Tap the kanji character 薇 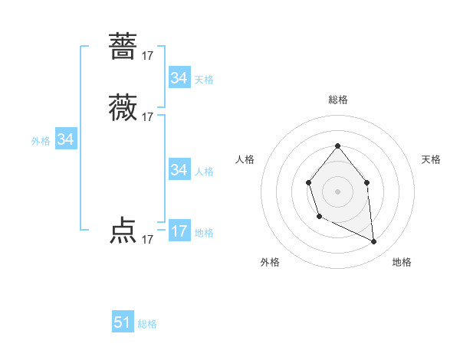click(x=123, y=108)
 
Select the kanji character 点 click(x=123, y=231)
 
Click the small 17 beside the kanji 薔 click(x=147, y=56)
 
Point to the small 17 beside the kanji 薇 click(x=147, y=117)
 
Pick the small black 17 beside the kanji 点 click(x=147, y=240)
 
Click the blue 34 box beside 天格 click(x=179, y=78)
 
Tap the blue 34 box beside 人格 click(x=179, y=170)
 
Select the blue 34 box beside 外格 click(x=66, y=139)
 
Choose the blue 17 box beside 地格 click(x=179, y=231)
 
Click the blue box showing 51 click(x=123, y=322)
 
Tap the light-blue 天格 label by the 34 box click(x=204, y=80)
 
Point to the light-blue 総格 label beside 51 click(x=147, y=324)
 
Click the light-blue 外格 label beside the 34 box click(x=41, y=141)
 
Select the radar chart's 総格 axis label click(x=338, y=100)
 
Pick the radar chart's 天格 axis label click(x=432, y=159)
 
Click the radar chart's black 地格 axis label click(x=402, y=263)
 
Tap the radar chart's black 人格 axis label click(x=245, y=159)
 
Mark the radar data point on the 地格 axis click(x=374, y=242)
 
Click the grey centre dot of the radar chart click(x=338, y=191)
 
